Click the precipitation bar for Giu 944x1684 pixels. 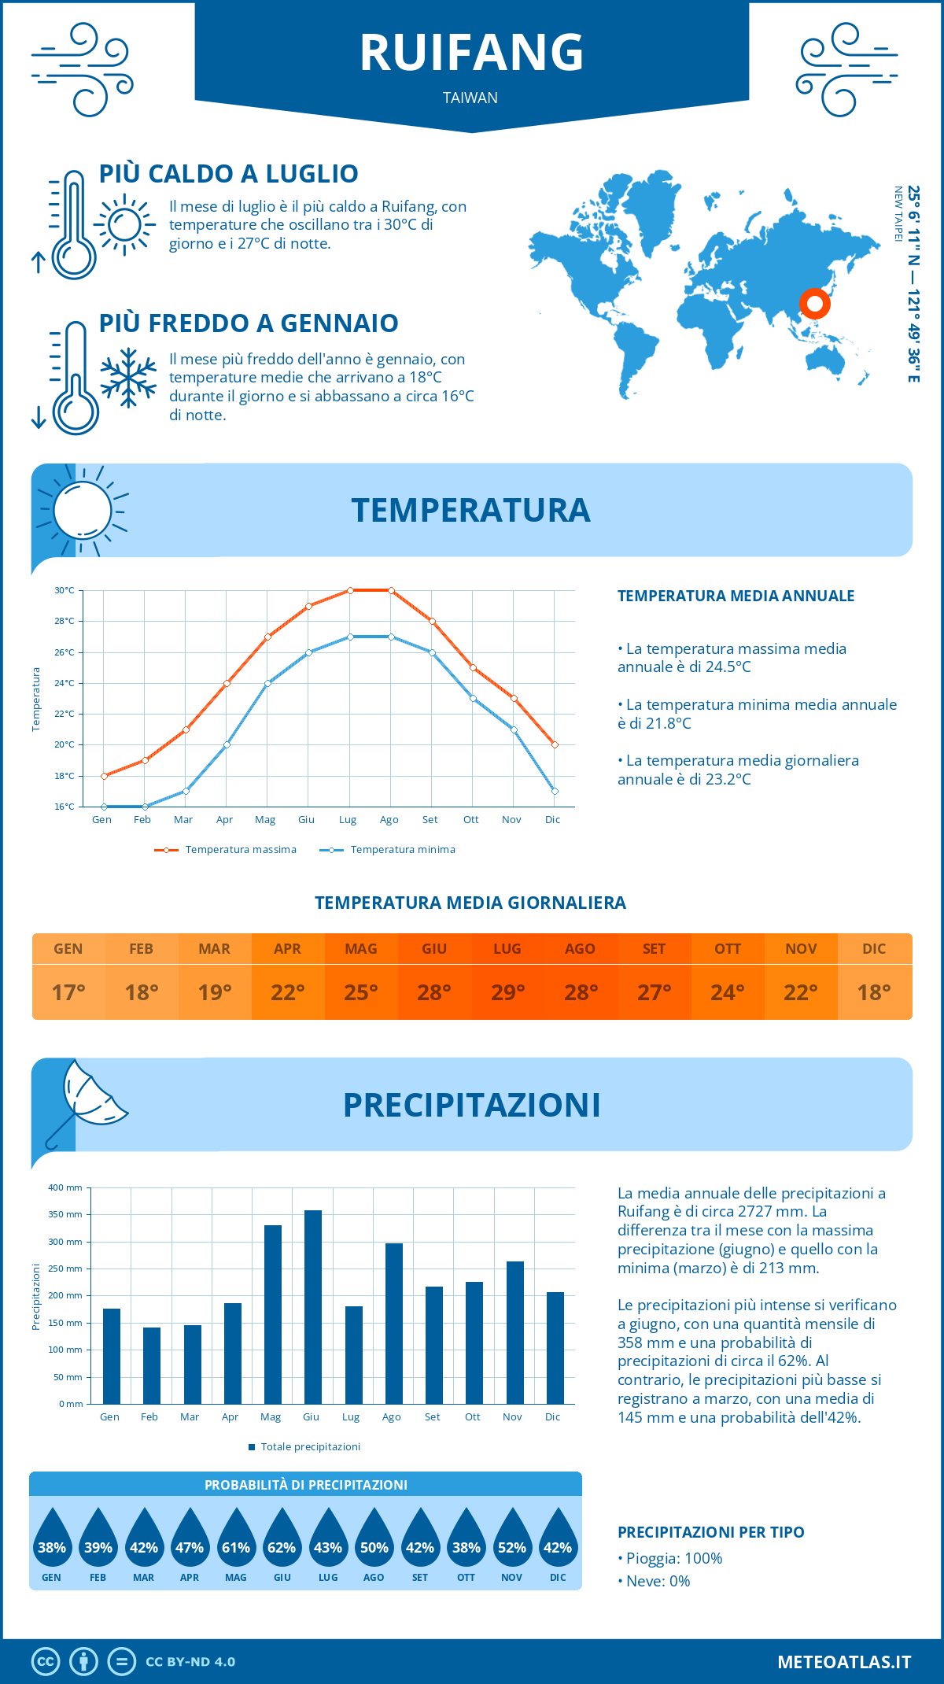point(313,1307)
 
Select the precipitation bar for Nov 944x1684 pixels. point(515,1332)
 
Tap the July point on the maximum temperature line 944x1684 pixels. point(350,590)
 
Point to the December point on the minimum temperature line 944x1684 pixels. point(555,791)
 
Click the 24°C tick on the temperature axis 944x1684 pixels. point(65,683)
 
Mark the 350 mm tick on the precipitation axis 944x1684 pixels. point(65,1214)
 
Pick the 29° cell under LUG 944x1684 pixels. point(507,992)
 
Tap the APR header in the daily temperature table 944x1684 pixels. point(288,949)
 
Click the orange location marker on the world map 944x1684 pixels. point(815,303)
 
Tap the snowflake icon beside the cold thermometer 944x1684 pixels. point(128,378)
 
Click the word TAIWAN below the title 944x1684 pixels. point(470,98)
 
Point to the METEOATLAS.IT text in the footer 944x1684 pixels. point(844,1662)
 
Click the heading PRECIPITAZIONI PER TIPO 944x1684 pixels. point(711,1532)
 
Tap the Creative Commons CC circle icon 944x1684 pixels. point(46,1662)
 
